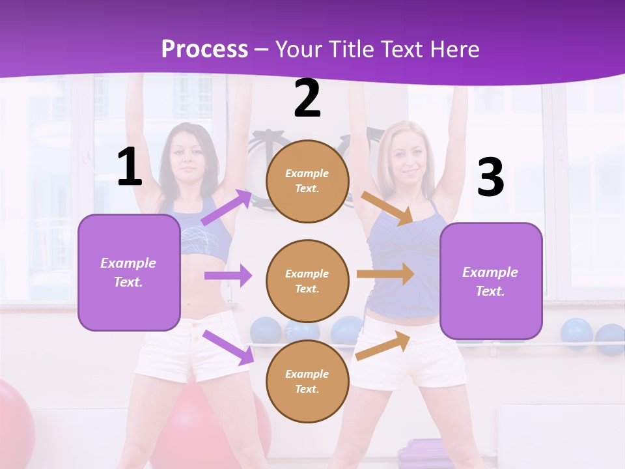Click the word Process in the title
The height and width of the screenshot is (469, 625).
pos(204,50)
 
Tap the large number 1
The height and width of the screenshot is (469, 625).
pos(130,167)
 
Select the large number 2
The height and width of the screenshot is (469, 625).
pos(307,99)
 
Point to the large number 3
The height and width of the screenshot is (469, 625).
pos(490,178)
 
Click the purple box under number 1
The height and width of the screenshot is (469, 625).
pos(129,272)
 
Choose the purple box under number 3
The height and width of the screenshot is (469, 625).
pos(491,281)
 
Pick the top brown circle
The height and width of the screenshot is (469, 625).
pos(307,181)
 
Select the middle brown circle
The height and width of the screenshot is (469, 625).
pos(307,281)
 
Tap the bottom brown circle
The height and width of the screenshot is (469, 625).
pos(307,381)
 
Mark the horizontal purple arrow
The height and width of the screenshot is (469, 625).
pos(228,276)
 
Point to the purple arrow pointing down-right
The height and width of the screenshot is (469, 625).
pos(228,347)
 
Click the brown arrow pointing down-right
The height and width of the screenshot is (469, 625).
pos(387,208)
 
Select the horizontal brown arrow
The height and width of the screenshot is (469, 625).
pos(385,274)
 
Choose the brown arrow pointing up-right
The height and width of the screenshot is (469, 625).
pos(383,345)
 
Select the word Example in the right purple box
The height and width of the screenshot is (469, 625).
pos(490,272)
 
